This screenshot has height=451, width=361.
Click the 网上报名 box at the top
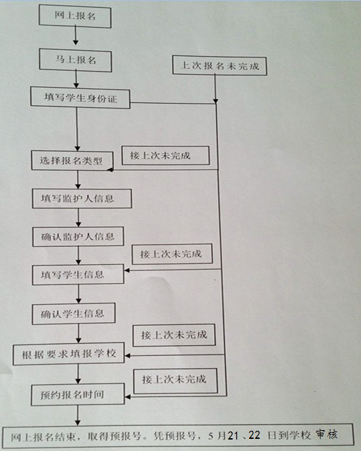(x=75, y=16)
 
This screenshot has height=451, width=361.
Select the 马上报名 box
(x=75, y=61)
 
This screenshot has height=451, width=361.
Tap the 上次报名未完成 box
(x=220, y=66)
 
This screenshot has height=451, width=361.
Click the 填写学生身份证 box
(x=80, y=98)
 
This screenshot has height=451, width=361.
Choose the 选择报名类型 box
(x=72, y=160)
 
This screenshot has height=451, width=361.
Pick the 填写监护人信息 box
(x=82, y=198)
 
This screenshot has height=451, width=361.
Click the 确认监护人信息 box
(x=78, y=237)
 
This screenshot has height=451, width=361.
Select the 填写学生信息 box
(x=78, y=274)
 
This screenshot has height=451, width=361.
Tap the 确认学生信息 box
(x=73, y=313)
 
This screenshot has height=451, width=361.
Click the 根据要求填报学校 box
(x=69, y=353)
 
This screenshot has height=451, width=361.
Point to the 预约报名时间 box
(x=78, y=394)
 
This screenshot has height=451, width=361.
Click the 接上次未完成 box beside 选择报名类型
(x=166, y=156)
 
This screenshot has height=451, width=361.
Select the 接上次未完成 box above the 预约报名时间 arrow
(x=176, y=381)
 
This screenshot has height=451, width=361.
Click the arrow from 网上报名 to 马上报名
(x=75, y=35)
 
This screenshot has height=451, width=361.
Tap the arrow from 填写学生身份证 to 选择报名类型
(x=77, y=129)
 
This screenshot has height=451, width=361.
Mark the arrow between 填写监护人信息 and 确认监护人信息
(x=79, y=218)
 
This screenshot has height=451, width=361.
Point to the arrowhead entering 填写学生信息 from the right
(x=127, y=270)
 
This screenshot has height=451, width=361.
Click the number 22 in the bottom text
(x=254, y=435)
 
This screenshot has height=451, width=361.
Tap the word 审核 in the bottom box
(x=327, y=434)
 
